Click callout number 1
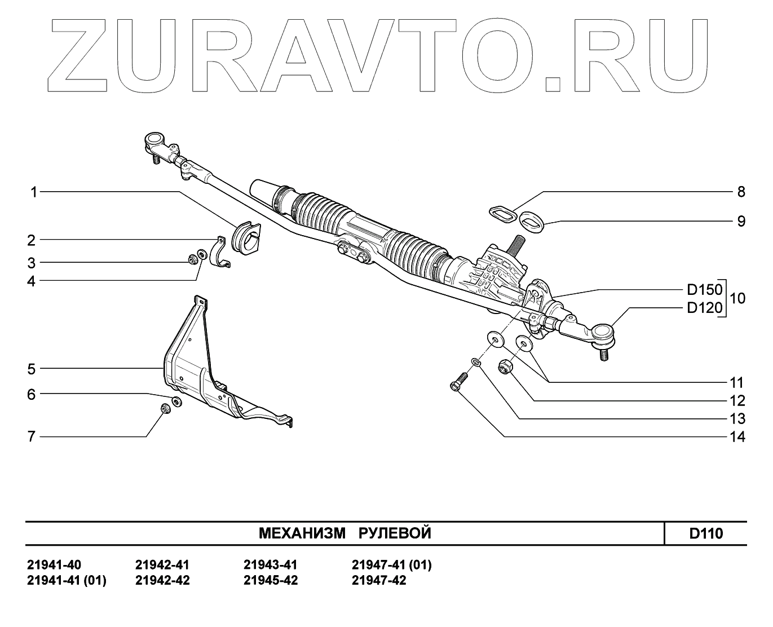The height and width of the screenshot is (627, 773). coord(33,192)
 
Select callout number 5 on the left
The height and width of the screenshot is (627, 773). coord(32,369)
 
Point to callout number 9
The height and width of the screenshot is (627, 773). coord(741,221)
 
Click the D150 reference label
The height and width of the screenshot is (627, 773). coord(704,290)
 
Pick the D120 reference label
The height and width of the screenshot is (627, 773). coord(704,308)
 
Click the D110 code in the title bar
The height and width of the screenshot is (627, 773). coord(706,533)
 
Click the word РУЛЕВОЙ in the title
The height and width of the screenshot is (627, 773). coord(395,533)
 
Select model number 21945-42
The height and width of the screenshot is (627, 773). coord(271,581)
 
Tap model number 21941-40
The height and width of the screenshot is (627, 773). coord(54,565)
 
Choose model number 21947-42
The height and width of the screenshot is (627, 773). coord(379,581)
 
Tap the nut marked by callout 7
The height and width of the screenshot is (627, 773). coord(165,409)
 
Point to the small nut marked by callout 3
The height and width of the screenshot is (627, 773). coord(192,260)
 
